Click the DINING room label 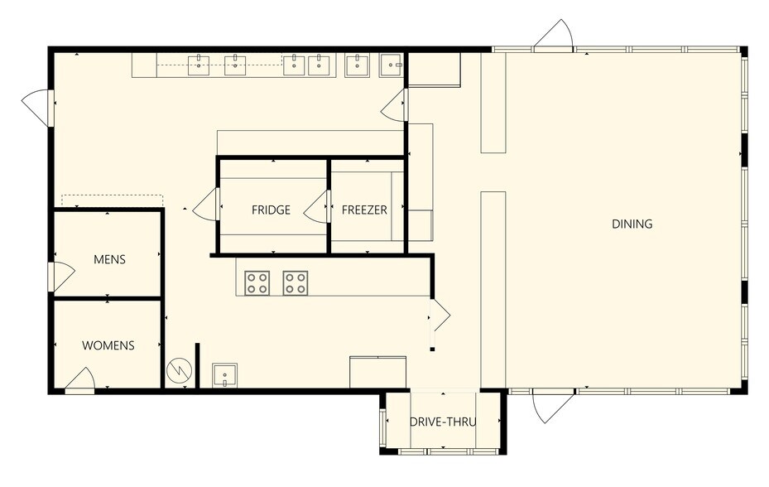(632, 224)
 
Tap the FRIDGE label (271, 210)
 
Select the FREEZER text (364, 210)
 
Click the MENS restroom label (109, 259)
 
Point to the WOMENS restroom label (108, 345)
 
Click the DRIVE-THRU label (443, 422)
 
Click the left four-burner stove (257, 282)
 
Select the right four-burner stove (296, 282)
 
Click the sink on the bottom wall (224, 375)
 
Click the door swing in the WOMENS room (79, 380)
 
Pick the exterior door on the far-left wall (36, 107)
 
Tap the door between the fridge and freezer (317, 207)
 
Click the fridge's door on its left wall (206, 205)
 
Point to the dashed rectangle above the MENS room (113, 200)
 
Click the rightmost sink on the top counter (392, 65)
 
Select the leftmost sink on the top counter (199, 65)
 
